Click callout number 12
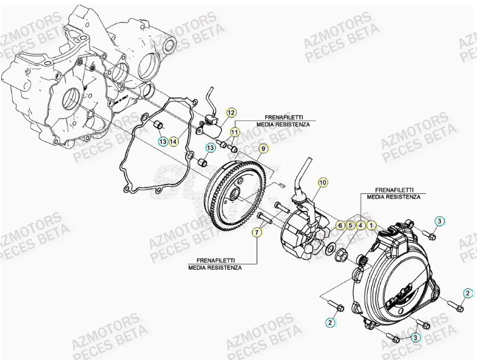tap(231, 113)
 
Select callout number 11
tap(234, 132)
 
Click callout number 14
tap(173, 141)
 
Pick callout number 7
tap(256, 232)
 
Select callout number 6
tap(340, 225)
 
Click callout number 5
tap(350, 225)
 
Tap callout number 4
tap(360, 225)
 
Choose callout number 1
tap(371, 225)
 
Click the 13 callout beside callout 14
tap(163, 141)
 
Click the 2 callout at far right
tap(468, 293)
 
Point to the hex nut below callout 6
tap(341, 256)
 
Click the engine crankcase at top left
tap(83, 71)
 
